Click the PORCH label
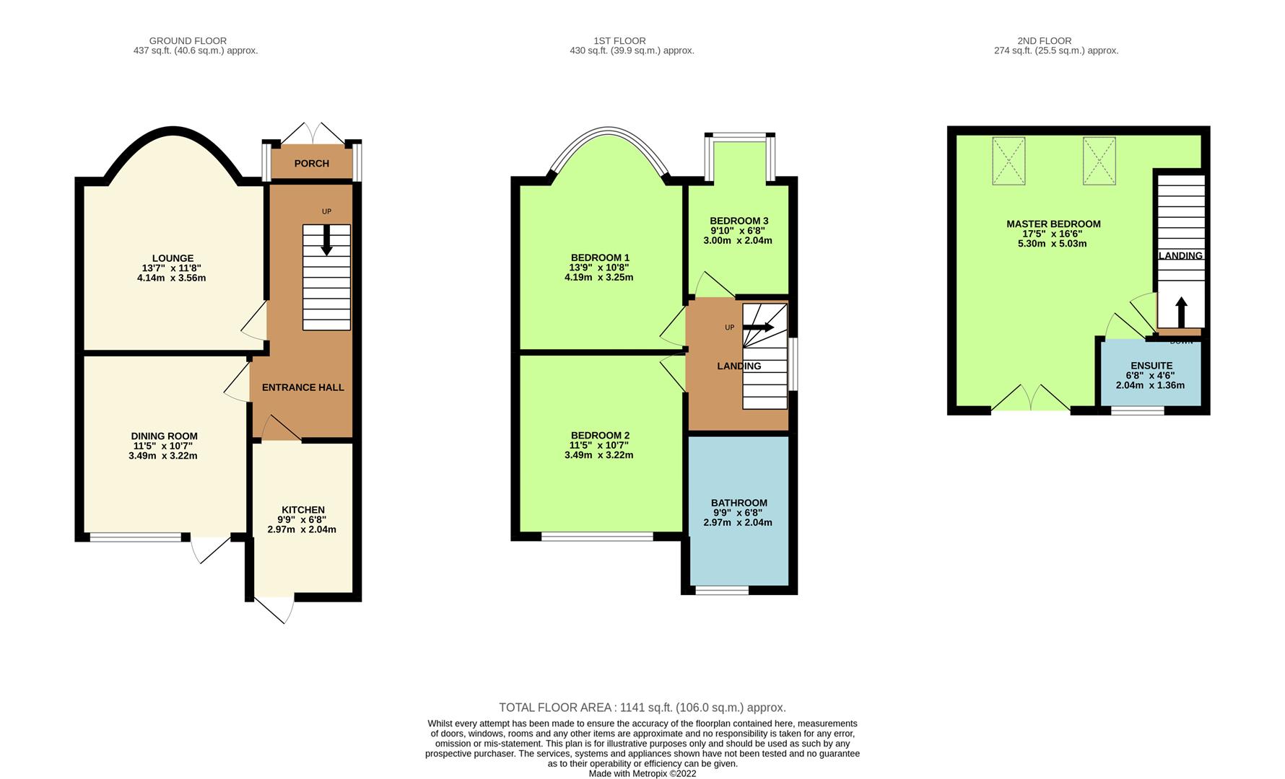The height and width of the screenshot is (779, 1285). pos(311,164)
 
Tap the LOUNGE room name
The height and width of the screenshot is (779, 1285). pos(173,258)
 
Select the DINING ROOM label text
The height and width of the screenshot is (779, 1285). pos(164,436)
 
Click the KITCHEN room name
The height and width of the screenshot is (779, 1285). pos(302,510)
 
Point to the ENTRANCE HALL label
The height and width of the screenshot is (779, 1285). pos(302,387)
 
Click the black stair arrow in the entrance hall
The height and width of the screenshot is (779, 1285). pos(326,240)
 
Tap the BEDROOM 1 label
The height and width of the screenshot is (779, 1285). pos(600,258)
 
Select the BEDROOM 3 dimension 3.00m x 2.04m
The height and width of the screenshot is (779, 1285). pos(738,240)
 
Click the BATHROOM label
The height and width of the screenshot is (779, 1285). pos(739,503)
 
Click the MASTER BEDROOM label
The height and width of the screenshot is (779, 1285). pos(1053,224)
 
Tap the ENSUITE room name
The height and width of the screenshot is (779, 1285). pos(1151,366)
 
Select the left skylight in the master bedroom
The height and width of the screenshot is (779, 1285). pos(1009,161)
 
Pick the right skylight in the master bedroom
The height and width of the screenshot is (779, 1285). pos(1099,161)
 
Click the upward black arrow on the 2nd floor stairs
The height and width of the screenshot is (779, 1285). pos(1181,312)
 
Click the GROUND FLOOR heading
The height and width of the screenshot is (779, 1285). pos(188,41)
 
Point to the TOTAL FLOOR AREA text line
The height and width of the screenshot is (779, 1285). pos(642,708)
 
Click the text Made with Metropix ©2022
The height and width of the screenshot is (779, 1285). pos(642,773)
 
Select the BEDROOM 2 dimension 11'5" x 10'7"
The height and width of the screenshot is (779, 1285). pos(598,445)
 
